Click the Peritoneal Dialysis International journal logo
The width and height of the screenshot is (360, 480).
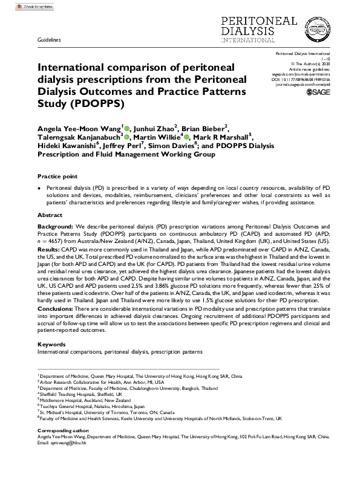pos(296,29)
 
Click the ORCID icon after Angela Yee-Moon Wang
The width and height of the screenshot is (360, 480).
pos(127,128)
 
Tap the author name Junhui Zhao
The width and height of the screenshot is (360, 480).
pos(154,128)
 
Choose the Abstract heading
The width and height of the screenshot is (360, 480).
pos(50,215)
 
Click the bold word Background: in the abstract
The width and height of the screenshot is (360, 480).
pos(55,225)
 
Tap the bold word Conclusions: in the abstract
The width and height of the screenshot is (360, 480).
pos(56,309)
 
